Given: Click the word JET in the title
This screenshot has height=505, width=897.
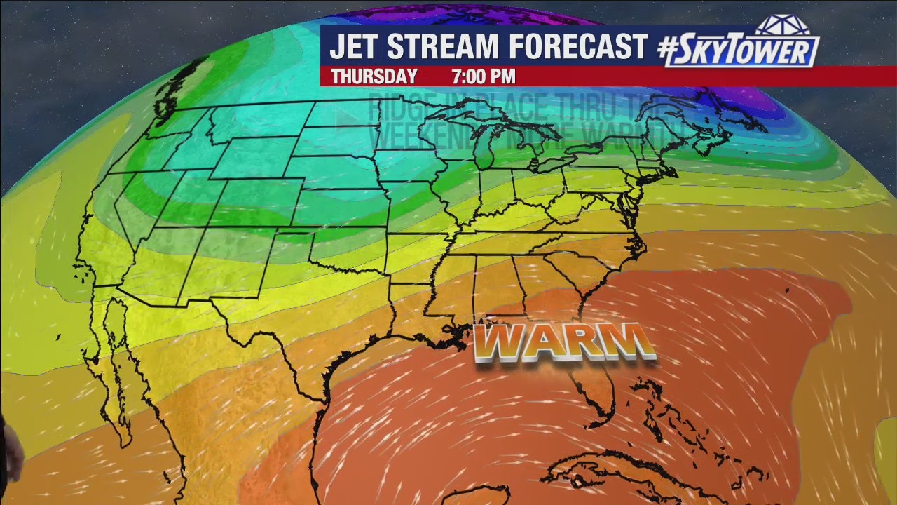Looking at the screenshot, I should click(355, 47).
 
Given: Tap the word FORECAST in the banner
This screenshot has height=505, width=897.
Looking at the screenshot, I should click(578, 47).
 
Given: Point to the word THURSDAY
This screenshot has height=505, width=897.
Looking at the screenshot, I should click(374, 76).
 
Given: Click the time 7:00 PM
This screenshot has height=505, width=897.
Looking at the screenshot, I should click(484, 76).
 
